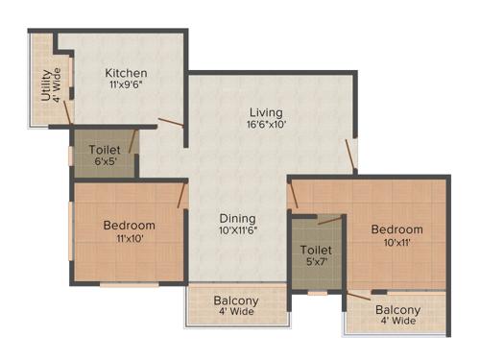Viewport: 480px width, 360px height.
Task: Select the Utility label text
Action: pos(45,84)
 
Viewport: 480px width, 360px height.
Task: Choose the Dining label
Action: pos(235,217)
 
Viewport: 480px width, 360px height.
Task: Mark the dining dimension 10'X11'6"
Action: pos(235,230)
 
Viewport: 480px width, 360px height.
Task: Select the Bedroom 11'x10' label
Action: pos(129,226)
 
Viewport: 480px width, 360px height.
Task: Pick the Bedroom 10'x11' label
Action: pos(397,229)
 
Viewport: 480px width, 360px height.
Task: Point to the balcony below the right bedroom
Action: pos(396,315)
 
